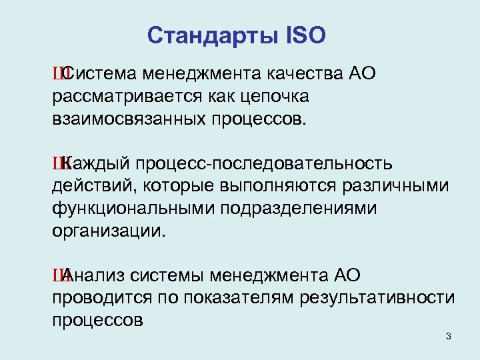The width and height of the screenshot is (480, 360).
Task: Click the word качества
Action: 305,72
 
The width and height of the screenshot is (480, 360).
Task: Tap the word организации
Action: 107,232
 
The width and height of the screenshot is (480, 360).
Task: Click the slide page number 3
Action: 449,336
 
